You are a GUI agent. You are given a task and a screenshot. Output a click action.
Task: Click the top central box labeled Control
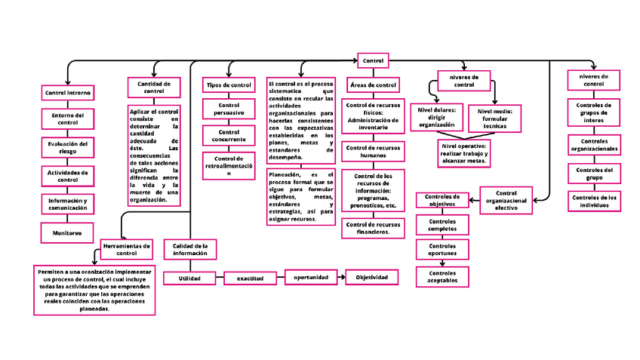[x=373, y=60]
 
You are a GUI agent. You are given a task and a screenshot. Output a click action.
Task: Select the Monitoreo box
[x=67, y=232]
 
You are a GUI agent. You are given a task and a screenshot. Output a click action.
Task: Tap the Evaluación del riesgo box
[x=68, y=146]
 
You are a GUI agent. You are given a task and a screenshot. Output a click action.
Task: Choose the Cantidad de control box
[x=154, y=87]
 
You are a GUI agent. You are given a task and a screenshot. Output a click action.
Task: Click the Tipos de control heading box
[x=229, y=86]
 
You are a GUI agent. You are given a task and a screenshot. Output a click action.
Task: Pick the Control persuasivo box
[x=229, y=109]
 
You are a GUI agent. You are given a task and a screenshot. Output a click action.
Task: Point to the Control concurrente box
[x=229, y=136]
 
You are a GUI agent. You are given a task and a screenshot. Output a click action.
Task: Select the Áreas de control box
[x=373, y=85]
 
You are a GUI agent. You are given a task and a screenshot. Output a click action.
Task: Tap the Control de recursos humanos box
[x=373, y=151]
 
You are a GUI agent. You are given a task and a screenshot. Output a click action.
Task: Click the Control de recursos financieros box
[x=373, y=228]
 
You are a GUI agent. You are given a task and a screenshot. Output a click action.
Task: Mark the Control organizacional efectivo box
[x=506, y=200]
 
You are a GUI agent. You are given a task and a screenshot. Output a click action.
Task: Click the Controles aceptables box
[x=442, y=277]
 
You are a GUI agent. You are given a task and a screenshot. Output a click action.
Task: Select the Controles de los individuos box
[x=594, y=202]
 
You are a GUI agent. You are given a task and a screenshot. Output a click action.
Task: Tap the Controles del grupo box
[x=594, y=174]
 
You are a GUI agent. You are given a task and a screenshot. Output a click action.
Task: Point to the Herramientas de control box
[x=127, y=249]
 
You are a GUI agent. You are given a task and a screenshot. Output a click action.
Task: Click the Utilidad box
[x=189, y=278]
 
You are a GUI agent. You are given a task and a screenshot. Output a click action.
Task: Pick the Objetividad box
[x=371, y=278]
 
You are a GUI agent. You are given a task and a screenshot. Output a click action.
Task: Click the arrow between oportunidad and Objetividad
[x=340, y=278]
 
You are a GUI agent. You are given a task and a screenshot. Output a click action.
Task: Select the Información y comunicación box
[x=68, y=205]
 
